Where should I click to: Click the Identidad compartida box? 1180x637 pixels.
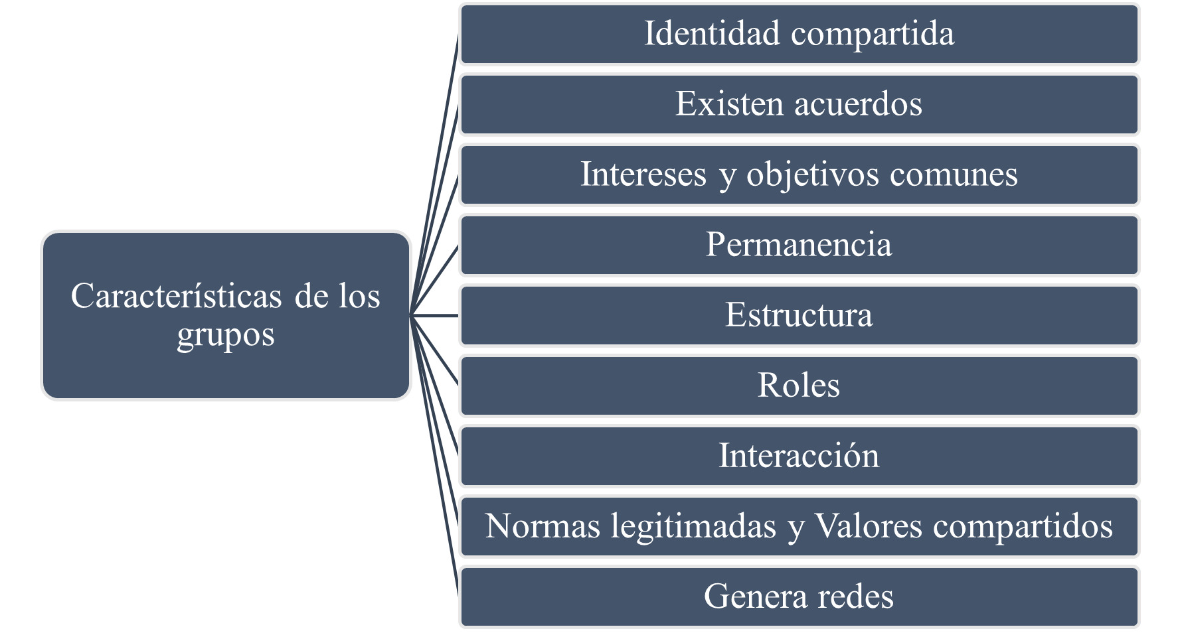(799, 35)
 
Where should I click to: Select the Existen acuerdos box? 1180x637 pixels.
(799, 105)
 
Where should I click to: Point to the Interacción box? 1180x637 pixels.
(799, 457)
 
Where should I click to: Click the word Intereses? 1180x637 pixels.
(643, 175)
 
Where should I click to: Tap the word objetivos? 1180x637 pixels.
(813, 175)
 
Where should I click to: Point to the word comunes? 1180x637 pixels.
(954, 175)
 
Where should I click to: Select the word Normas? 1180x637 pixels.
(543, 526)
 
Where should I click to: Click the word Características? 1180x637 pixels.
(176, 296)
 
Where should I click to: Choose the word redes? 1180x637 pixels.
(855, 597)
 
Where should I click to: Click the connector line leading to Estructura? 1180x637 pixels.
(435, 315)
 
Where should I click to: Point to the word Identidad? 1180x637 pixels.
(712, 34)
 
